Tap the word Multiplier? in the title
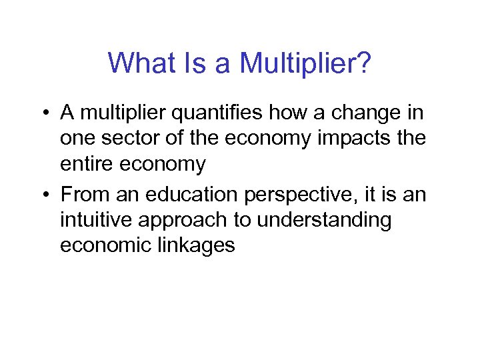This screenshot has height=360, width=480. click(305, 63)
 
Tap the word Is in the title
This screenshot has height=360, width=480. click(190, 63)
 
